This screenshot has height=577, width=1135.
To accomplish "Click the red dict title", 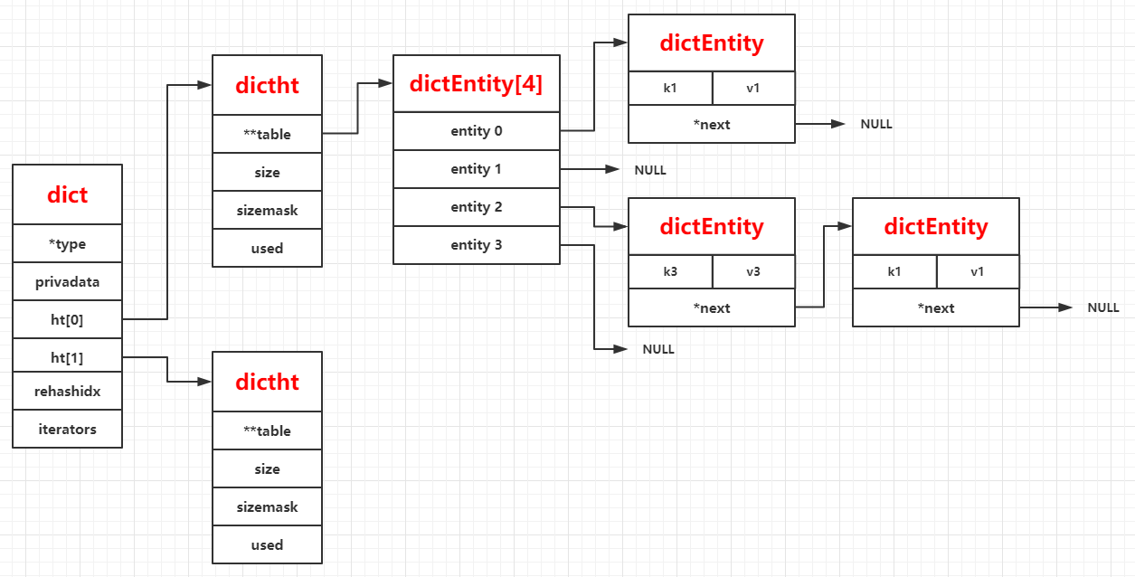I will [67, 195].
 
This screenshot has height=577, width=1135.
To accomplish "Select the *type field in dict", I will [67, 244].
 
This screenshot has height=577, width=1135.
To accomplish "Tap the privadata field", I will [67, 282].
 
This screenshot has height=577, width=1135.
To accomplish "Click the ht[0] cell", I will [67, 319].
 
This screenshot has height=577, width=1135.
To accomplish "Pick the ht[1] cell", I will [67, 357].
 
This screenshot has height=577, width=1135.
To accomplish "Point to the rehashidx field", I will [67, 392].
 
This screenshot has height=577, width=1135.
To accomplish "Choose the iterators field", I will [67, 429].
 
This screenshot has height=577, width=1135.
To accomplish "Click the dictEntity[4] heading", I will [476, 84].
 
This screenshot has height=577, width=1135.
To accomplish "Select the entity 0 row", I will [476, 131].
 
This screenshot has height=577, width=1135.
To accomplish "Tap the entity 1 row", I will [476, 169].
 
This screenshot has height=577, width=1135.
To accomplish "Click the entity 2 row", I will [476, 207].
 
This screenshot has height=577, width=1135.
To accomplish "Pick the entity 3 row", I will [476, 245].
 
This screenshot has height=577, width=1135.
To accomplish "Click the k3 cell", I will [669, 271].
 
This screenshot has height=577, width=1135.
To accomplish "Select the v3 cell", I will [753, 271].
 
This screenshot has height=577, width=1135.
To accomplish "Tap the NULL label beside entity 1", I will [650, 170].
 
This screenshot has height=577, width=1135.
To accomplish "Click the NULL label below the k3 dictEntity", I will [658, 349].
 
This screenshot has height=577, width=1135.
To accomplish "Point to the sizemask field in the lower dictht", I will [267, 506].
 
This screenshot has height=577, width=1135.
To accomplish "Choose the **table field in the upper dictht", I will [267, 134].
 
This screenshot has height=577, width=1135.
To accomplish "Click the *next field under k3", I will [712, 308].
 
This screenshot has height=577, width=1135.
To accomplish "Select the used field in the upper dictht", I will [267, 248].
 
